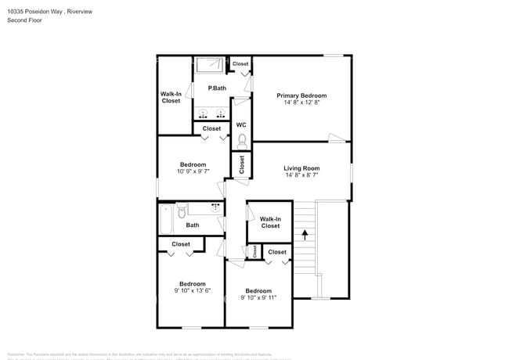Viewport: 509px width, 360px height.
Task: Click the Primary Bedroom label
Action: click(301, 95)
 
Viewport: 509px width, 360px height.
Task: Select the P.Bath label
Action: click(217, 88)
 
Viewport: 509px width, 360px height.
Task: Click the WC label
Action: click(241, 124)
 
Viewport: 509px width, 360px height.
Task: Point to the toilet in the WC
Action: click(241, 140)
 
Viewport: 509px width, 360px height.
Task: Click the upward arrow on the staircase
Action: click(305, 232)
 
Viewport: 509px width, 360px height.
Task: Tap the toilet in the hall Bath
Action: click(182, 211)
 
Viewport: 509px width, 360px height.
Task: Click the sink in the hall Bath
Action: click(215, 208)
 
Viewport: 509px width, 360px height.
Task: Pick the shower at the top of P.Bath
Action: click(209, 66)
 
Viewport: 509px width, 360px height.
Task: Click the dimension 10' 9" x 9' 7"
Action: click(192, 171)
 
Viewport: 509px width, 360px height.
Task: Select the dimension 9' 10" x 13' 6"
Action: click(192, 290)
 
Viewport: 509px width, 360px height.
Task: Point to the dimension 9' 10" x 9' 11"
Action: click(258, 297)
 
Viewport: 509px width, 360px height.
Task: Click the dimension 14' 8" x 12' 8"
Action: click(301, 103)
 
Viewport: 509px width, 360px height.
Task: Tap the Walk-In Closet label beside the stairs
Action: click(270, 222)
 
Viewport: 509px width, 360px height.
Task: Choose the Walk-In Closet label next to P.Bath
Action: click(171, 97)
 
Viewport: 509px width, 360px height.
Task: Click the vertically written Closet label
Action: click(242, 164)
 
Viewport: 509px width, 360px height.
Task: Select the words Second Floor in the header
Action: click(25, 20)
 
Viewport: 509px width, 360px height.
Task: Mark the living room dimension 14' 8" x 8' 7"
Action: click(301, 175)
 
